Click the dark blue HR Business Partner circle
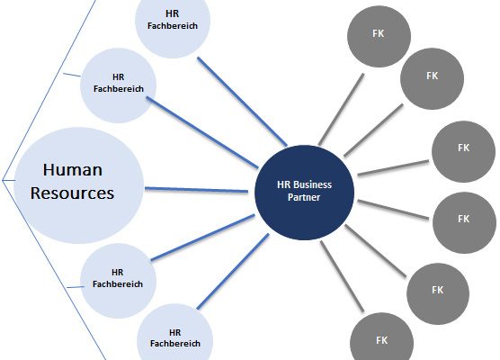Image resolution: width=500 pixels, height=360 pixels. coord(305,193)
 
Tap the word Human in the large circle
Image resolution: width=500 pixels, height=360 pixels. coord(73,170)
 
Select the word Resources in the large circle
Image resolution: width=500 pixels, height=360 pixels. coord(72,193)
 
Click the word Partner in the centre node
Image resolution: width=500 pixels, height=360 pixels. coord(304,197)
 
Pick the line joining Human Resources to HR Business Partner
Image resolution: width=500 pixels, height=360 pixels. coord(196,190)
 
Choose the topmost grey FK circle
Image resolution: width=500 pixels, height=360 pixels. coord(379,36)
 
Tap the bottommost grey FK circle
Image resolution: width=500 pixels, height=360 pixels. coord(381,338)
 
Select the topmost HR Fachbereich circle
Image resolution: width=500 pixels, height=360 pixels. coord(173,24)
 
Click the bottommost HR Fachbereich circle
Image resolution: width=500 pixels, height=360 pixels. coord(175,334)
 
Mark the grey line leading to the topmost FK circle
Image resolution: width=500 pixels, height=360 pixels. coord(341,109)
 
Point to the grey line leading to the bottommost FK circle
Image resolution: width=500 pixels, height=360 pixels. coord(342,276)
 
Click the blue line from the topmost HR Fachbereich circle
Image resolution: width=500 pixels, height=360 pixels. coord(242,102)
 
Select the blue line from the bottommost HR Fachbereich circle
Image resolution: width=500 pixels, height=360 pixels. coord(233,271)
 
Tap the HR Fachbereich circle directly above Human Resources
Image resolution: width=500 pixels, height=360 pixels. coord(118,85)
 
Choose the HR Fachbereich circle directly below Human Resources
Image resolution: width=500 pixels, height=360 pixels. coord(118,281)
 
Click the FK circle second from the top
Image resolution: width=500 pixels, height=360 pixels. coord(432,78)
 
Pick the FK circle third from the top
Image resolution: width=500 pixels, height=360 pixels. coord(464,151)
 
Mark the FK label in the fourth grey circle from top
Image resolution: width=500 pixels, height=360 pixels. coord(464,219)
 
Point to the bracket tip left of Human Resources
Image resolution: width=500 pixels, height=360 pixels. coord(2,180)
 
